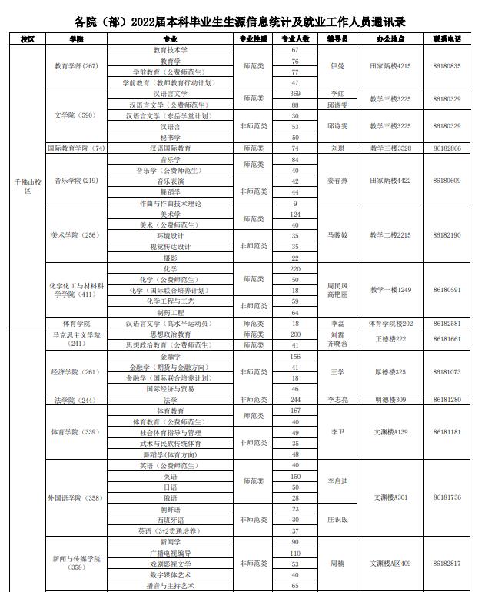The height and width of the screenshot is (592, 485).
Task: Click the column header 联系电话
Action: tap(446, 38)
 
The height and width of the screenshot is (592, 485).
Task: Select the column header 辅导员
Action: tap(337, 38)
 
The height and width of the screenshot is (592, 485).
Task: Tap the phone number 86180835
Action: tap(446, 66)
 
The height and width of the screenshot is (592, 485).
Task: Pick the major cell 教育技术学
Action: tap(171, 49)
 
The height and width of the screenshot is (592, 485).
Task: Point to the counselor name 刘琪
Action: tap(337, 148)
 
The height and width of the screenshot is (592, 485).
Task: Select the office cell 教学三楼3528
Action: tap(390, 148)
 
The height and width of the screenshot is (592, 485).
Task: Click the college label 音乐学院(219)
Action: tap(75, 181)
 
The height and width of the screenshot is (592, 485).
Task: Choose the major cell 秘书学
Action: tap(171, 137)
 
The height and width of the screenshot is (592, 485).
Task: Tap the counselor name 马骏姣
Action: tap(337, 235)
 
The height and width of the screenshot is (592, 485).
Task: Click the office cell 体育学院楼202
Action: tap(390, 324)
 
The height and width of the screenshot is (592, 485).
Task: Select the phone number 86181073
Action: tap(446, 373)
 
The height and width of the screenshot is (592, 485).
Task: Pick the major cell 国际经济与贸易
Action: tap(171, 389)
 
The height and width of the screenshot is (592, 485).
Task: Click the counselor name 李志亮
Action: tap(337, 400)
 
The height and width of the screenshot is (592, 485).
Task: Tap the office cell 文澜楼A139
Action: tap(390, 433)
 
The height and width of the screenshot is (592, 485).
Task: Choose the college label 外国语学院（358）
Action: tap(75, 498)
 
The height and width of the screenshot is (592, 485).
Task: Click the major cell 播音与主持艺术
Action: tap(171, 586)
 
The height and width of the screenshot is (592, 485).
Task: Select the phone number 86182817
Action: tap(446, 564)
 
